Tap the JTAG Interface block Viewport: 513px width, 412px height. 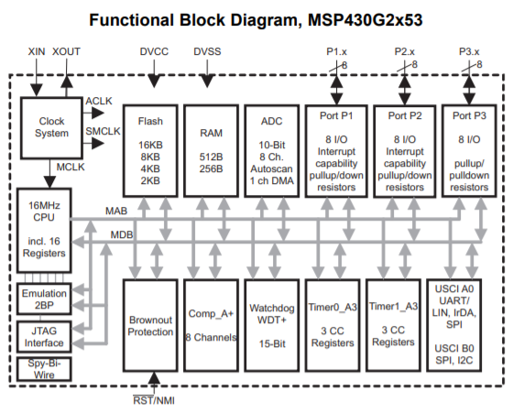[44, 336]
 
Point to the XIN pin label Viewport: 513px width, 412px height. [36, 54]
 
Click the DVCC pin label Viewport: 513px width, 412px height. [155, 54]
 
